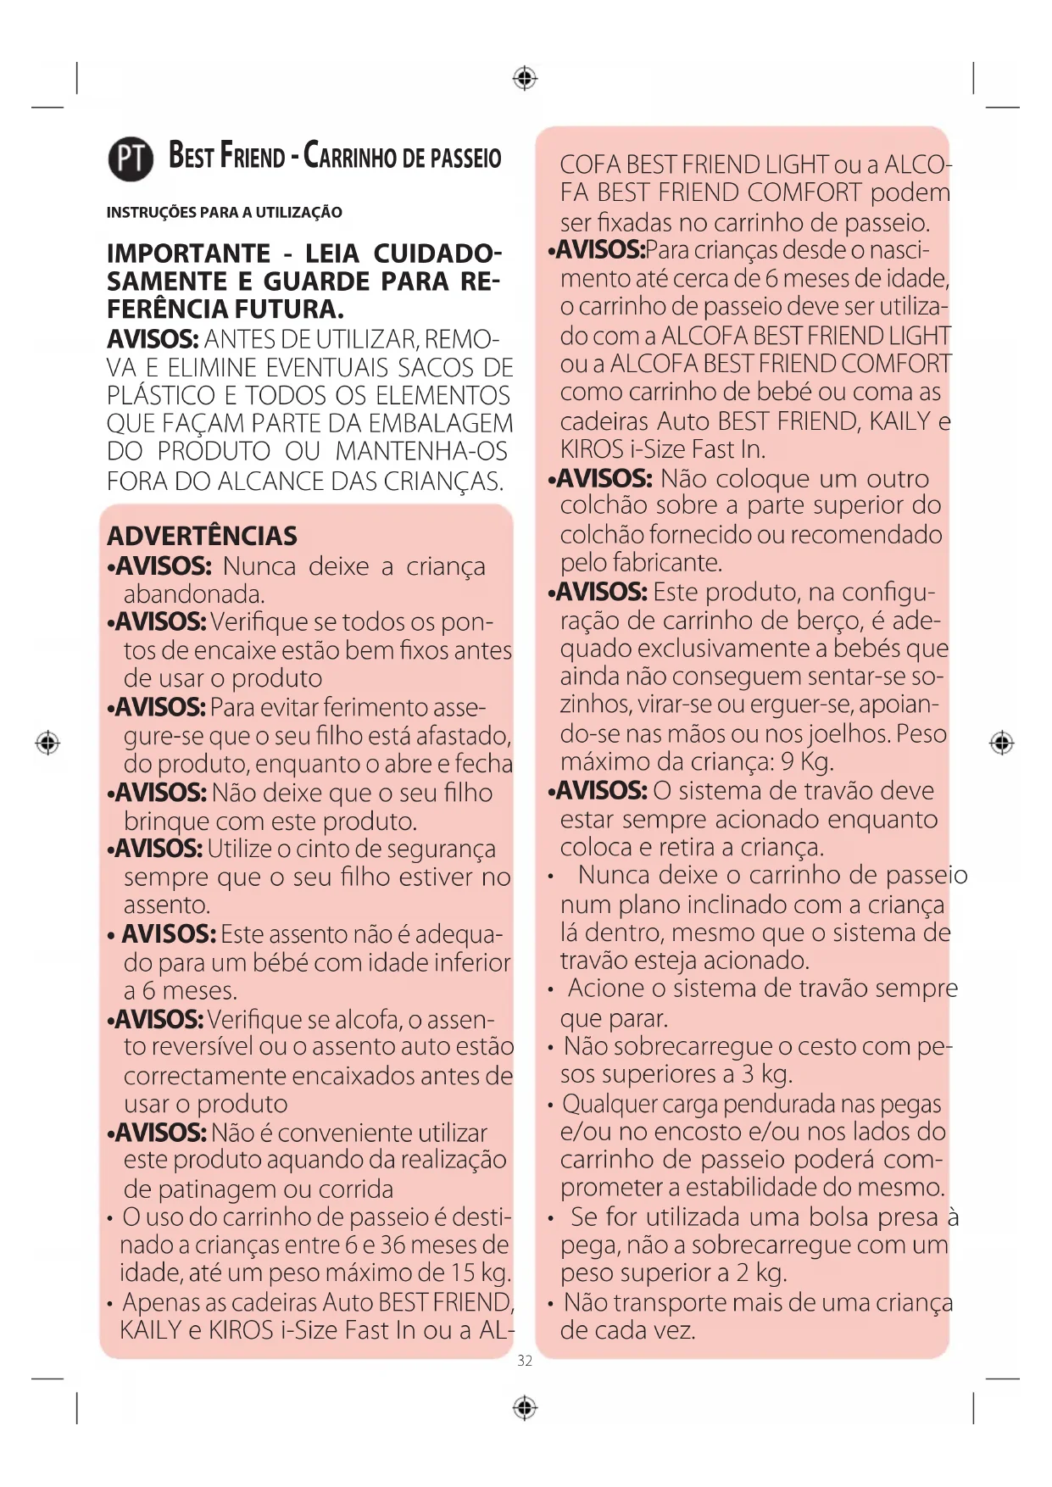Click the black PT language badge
[131, 159]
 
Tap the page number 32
[525, 1361]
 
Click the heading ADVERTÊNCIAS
[202, 536]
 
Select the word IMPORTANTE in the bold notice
[188, 253]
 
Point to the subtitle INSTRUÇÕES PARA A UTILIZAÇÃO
[225, 212]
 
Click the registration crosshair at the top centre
[526, 79]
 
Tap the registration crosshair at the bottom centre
[526, 1408]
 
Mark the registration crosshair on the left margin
[48, 743]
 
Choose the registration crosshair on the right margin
[1002, 743]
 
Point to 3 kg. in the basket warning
[766, 1074]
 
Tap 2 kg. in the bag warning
[760, 1273]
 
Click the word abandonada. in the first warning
[194, 594]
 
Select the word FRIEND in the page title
[253, 157]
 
